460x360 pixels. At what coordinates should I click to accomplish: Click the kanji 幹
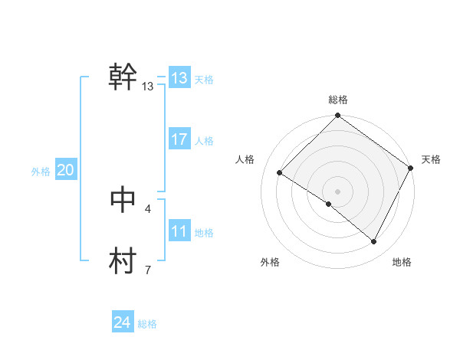(123, 77)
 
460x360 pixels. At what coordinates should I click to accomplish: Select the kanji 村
(123, 260)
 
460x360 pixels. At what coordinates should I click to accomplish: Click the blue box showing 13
(179, 78)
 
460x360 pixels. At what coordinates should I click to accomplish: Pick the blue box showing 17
(179, 139)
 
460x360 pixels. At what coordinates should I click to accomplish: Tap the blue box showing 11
(179, 231)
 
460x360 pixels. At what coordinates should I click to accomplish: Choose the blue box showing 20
(65, 170)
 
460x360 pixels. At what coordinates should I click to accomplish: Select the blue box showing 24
(123, 322)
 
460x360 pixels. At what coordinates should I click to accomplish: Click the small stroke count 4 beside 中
(148, 208)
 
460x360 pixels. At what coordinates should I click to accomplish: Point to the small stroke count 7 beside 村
(148, 270)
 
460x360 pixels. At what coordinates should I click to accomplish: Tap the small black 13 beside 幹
(148, 87)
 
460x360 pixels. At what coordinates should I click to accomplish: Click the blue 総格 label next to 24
(147, 324)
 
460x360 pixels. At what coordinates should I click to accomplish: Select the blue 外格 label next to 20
(41, 172)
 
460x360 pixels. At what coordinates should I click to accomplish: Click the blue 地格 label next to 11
(204, 233)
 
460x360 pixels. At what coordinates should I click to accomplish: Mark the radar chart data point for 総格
(338, 116)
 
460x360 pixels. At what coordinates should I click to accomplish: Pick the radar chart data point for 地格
(374, 242)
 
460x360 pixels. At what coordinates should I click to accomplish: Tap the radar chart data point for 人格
(280, 173)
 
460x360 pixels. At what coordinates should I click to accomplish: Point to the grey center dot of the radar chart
(338, 191)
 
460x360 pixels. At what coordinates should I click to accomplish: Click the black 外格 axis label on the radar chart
(270, 262)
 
